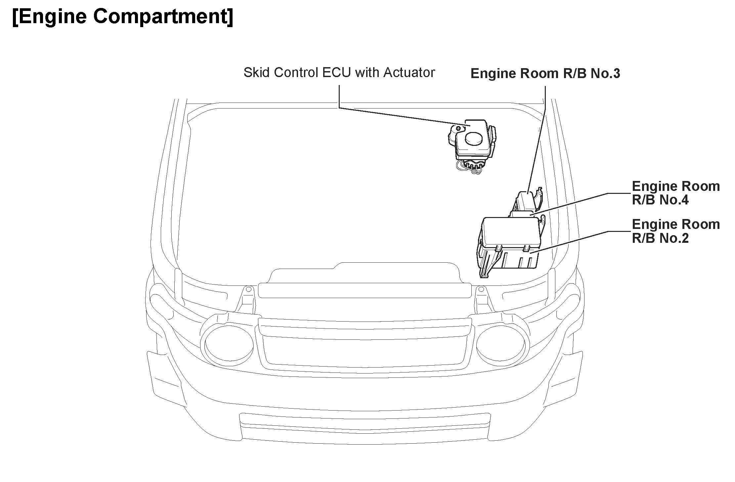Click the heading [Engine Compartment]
coord(122,17)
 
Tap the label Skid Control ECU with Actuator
coord(339,73)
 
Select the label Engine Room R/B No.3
coord(545,73)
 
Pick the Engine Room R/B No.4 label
coord(675,193)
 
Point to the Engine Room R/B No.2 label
coord(675,231)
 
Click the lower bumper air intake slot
coord(364,424)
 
